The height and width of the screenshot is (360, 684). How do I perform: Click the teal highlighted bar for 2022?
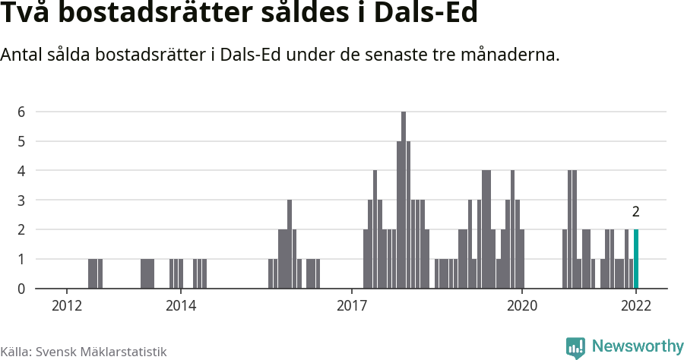636,259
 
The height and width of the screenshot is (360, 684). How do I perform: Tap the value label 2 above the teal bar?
636,212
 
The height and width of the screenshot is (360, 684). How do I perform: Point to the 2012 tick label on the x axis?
67,305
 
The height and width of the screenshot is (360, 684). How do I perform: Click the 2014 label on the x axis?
181,305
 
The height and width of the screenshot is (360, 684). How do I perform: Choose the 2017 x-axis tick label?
352,305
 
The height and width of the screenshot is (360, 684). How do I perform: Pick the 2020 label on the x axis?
523,305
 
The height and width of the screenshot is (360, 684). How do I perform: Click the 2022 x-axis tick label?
636,305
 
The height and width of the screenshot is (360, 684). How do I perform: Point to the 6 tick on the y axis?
22,112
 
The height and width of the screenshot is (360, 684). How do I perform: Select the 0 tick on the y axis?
22,289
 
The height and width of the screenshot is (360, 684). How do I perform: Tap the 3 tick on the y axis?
22,201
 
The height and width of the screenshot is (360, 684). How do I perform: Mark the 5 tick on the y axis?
22,141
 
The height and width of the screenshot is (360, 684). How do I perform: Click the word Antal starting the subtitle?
23,55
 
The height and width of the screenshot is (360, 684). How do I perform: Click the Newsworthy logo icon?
575,347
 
